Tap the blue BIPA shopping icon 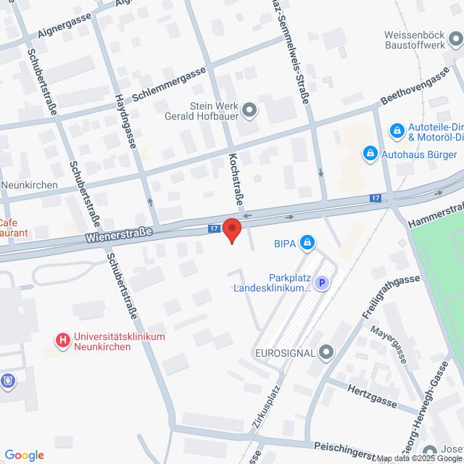coord(308,242)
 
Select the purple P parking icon coord(323,284)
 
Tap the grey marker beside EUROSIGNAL coord(327,353)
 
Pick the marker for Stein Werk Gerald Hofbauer coord(250,110)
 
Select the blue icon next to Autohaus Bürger coord(370,154)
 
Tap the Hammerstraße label coord(434,210)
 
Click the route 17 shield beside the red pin coord(213,228)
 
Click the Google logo coord(23,455)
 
